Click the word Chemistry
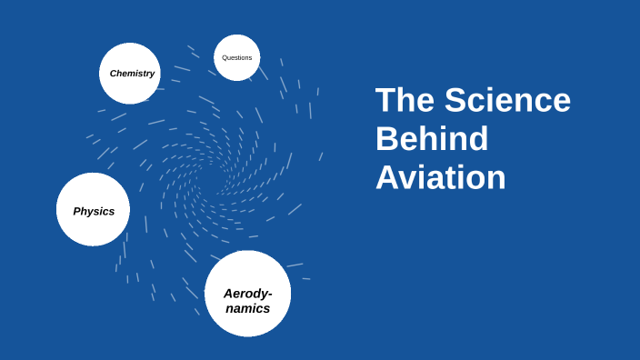132,74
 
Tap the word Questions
237,58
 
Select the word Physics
94,211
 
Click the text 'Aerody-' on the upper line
248,293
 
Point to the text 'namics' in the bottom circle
248,308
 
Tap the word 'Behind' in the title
432,139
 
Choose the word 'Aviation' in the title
440,177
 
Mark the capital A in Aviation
387,177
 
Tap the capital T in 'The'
385,100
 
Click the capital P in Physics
76,211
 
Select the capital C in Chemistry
114,74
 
